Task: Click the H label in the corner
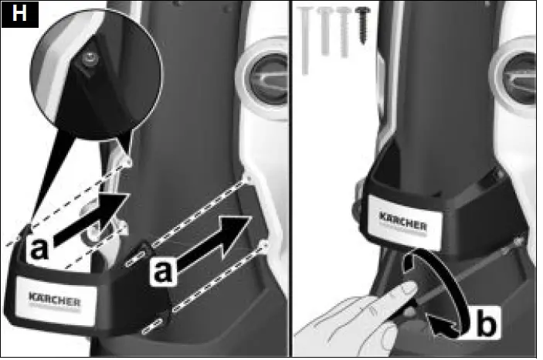pos(15,15)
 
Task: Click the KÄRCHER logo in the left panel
pos(54,301)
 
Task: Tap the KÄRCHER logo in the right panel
pos(403,225)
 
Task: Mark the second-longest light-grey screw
pos(324,30)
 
